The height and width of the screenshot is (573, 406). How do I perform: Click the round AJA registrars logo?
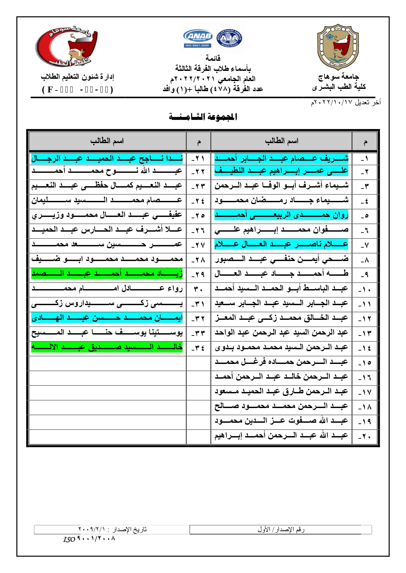click(x=229, y=38)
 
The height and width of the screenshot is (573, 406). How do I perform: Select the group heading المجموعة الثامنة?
click(x=203, y=117)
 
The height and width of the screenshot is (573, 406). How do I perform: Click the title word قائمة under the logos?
click(x=213, y=58)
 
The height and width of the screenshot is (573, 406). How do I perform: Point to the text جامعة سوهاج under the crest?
click(x=339, y=77)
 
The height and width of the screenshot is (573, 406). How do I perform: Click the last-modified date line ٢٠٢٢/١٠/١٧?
click(x=345, y=103)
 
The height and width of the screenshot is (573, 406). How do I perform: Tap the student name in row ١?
click(x=281, y=159)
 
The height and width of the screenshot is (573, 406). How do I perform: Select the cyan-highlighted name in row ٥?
click(x=281, y=215)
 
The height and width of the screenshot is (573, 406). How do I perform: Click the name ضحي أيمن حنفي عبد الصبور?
click(x=281, y=259)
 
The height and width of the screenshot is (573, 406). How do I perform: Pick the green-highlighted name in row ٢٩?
click(x=107, y=273)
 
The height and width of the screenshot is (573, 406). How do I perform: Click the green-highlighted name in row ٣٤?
click(x=107, y=347)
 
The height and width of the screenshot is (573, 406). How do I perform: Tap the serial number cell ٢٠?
click(x=364, y=436)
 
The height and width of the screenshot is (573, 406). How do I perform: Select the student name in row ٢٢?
click(x=107, y=171)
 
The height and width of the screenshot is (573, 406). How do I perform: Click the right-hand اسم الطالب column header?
click(x=281, y=141)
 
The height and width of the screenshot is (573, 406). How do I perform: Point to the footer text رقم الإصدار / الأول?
click(x=281, y=529)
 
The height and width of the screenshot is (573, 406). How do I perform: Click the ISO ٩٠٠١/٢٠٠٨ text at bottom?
click(x=89, y=539)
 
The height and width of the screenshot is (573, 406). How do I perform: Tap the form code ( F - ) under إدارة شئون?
click(x=78, y=90)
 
